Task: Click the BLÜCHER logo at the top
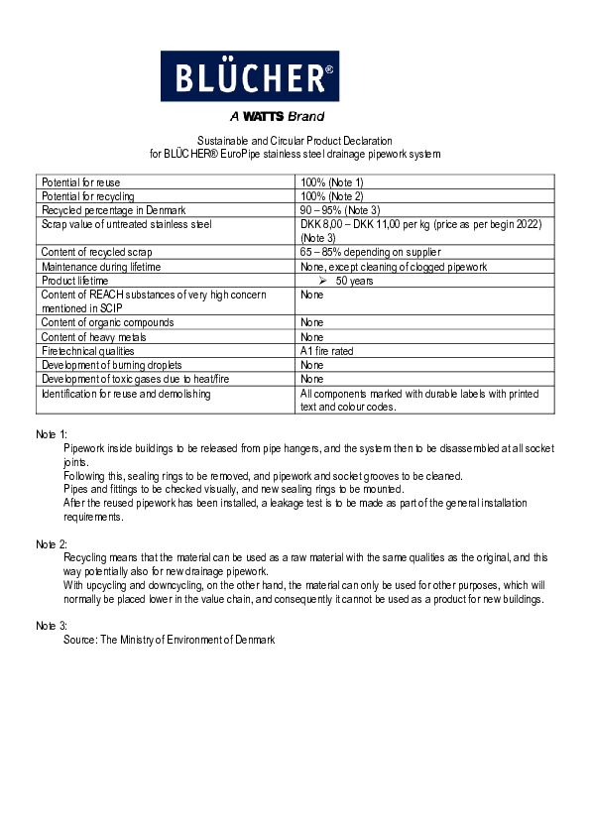[249, 75]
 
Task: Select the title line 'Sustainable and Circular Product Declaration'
[295, 142]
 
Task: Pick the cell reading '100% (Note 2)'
[332, 197]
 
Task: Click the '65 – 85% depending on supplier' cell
[371, 253]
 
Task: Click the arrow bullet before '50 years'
[321, 282]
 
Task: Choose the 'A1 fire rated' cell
[327, 351]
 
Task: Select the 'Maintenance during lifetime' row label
[101, 267]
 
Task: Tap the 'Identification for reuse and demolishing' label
[126, 394]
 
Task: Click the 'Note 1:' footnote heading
[52, 435]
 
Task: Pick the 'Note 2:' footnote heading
[52, 544]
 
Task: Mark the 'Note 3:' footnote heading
[52, 627]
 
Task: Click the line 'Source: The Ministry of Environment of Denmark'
[169, 641]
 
